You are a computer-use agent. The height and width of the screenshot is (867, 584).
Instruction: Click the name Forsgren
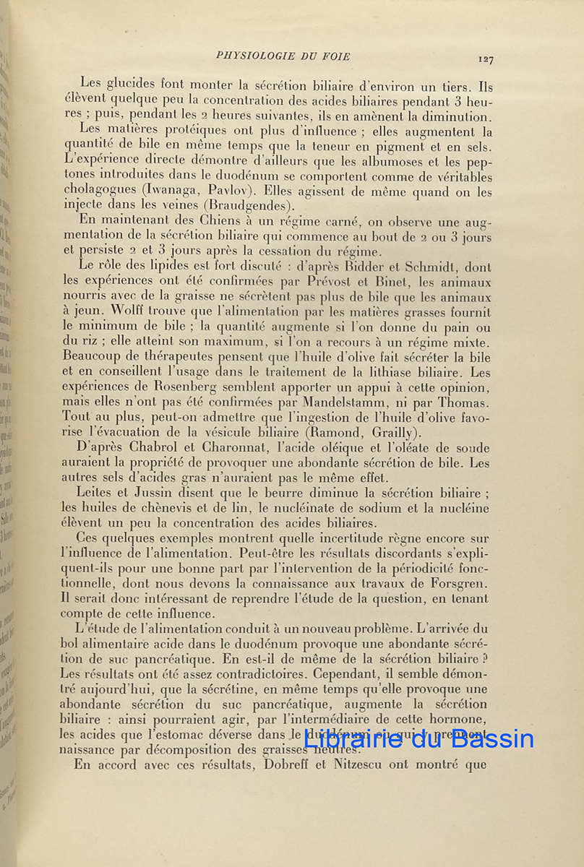[460, 585]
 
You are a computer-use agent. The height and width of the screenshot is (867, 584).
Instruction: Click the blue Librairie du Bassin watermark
[418, 739]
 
